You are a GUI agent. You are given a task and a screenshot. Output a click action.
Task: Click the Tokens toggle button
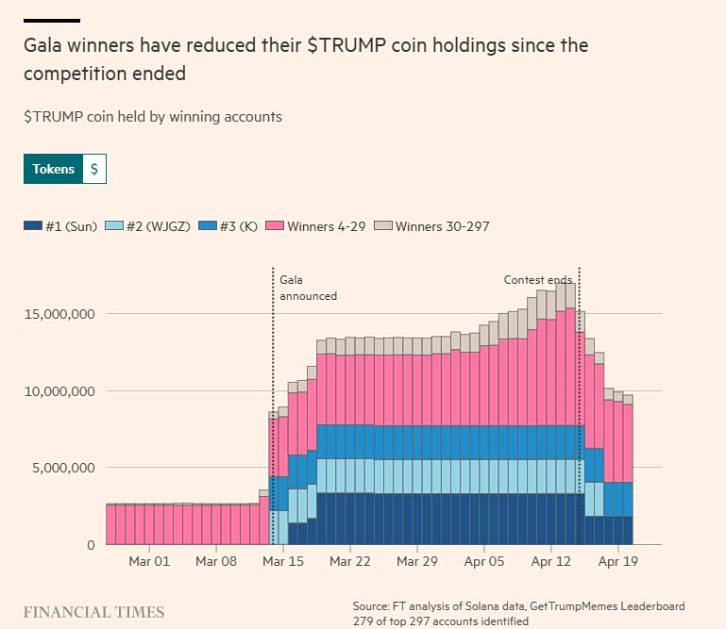53,169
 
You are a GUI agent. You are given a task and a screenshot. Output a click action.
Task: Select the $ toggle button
94,169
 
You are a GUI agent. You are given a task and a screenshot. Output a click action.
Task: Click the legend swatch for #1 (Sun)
33,226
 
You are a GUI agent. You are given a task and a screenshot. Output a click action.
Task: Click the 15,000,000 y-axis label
59,314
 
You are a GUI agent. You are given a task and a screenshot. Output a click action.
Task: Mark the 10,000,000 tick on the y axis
59,391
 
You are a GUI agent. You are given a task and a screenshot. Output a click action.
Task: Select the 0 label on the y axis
92,545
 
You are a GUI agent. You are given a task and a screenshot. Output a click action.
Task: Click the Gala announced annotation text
308,287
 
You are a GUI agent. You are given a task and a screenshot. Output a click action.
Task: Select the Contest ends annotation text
538,279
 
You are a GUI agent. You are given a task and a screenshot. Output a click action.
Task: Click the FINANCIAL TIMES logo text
93,612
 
